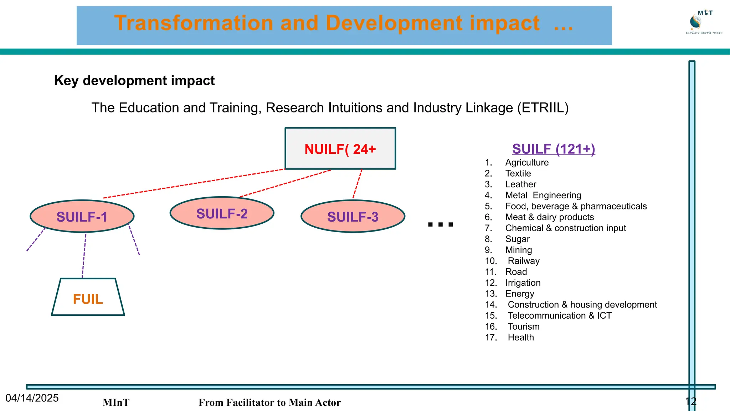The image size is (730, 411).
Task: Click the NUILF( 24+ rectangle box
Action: [x=340, y=148]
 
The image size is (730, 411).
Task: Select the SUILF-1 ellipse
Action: [x=82, y=217]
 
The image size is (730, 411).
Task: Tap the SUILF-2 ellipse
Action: [x=222, y=213]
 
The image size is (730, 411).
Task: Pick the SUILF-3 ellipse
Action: [x=353, y=217]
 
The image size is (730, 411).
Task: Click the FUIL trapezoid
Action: [x=88, y=298]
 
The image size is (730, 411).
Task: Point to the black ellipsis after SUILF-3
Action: [x=440, y=224]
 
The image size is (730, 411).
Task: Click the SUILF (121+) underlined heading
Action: [x=554, y=149]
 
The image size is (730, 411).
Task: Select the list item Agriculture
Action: [x=527, y=162]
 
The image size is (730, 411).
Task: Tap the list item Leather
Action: [x=520, y=184]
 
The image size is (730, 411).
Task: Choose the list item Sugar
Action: [x=517, y=239]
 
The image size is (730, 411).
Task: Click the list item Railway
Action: [x=523, y=261]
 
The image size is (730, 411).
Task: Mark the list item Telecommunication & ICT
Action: [x=559, y=315]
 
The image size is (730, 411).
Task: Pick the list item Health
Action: [x=520, y=338]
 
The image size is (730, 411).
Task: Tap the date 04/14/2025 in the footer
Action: [x=32, y=398]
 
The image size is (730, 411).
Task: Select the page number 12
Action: [x=690, y=402]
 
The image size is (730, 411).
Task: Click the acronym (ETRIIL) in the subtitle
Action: [x=543, y=108]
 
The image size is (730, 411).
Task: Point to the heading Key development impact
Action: [x=134, y=81]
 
